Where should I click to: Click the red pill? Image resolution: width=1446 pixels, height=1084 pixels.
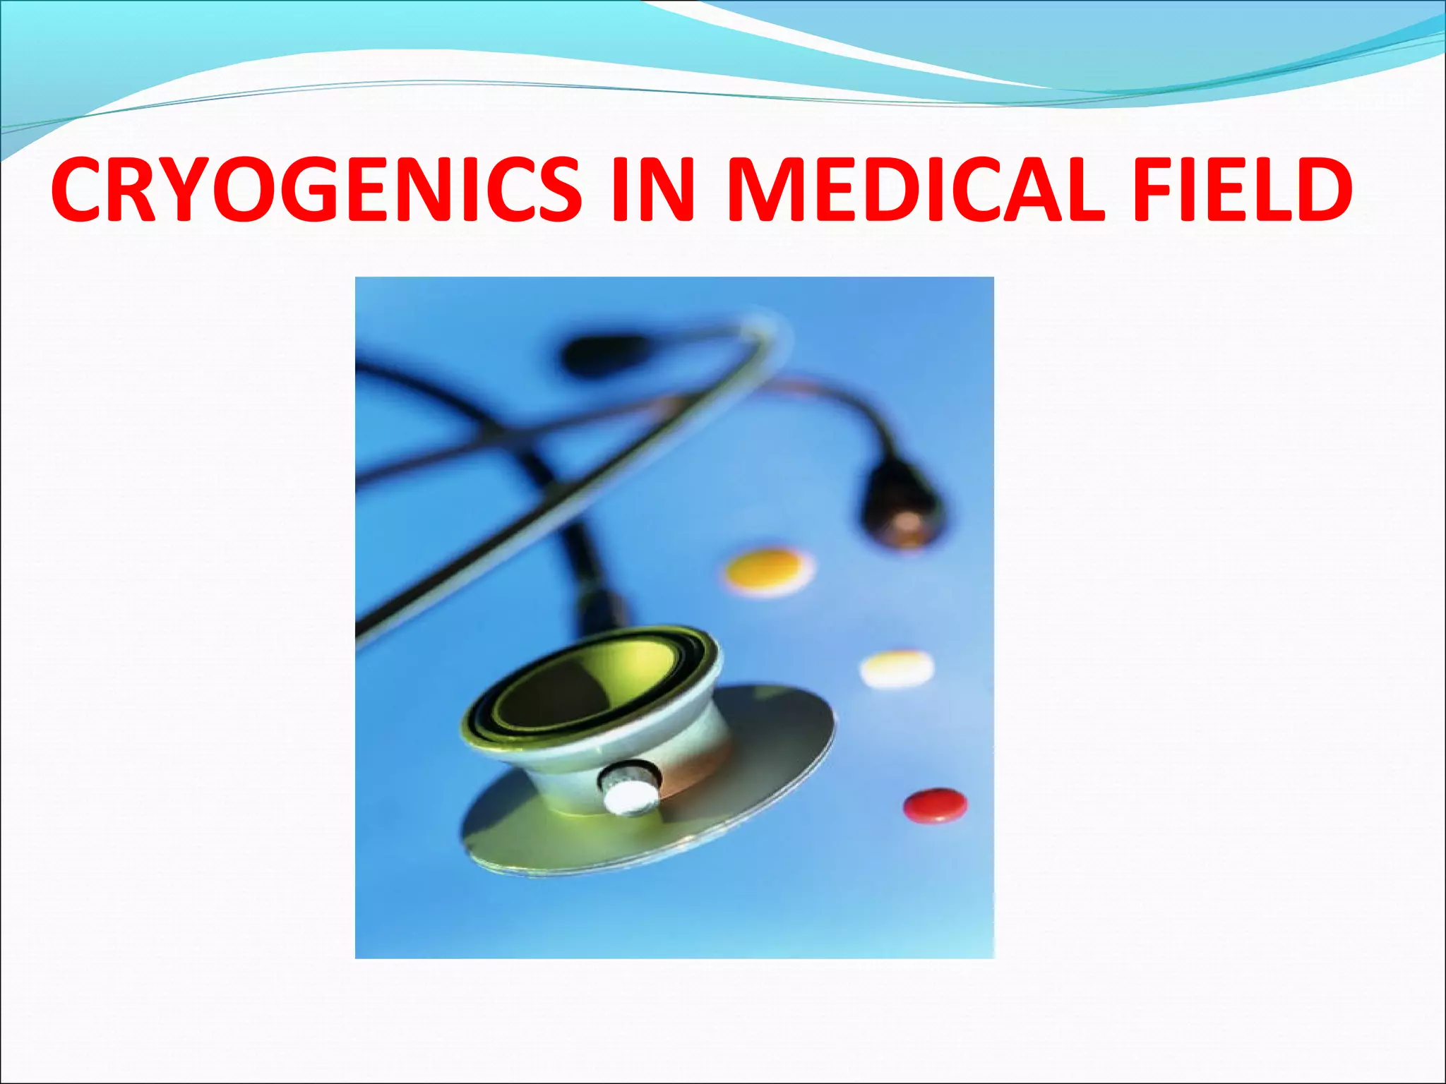[x=935, y=805]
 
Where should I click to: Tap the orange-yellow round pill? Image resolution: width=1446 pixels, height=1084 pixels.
[x=767, y=570]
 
